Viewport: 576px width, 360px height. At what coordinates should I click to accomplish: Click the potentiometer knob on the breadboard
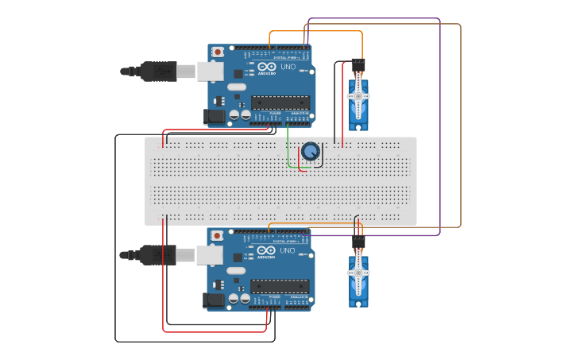[x=310, y=151]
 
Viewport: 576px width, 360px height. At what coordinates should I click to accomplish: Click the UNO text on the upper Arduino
[x=288, y=67]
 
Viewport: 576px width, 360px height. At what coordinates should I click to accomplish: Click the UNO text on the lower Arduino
[x=288, y=251]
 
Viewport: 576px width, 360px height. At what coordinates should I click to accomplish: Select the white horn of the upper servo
[x=358, y=95]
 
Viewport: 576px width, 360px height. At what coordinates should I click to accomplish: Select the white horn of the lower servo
[x=358, y=273]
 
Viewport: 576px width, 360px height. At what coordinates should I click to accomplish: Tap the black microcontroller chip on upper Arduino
[x=280, y=102]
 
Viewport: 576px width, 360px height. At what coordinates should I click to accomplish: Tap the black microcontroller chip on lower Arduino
[x=280, y=286]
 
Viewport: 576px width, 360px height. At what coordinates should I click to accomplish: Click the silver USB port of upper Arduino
[x=211, y=72]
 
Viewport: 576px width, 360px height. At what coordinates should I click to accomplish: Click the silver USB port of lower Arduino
[x=211, y=255]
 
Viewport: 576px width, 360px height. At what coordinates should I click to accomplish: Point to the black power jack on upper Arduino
[x=214, y=116]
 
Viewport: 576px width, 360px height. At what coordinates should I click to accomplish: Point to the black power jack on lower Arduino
[x=214, y=300]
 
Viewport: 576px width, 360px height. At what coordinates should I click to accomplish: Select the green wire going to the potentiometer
[x=288, y=151]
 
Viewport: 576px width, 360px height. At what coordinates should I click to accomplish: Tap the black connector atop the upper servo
[x=358, y=62]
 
